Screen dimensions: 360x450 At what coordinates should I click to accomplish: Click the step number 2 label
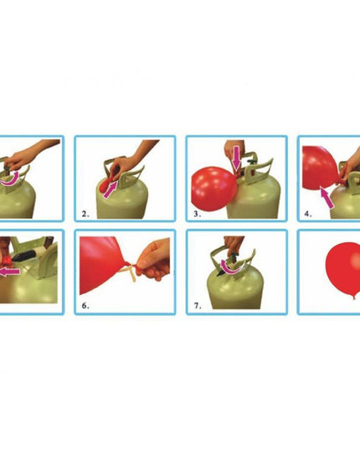tap(85, 214)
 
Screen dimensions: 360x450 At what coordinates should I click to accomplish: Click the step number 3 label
tap(198, 214)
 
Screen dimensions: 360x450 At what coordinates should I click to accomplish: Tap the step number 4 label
tap(308, 214)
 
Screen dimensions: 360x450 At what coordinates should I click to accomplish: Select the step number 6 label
tap(85, 306)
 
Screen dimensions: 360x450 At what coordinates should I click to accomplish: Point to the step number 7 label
tap(198, 306)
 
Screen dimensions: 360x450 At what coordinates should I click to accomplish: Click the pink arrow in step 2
tap(110, 189)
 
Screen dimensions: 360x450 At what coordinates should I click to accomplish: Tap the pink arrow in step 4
tap(327, 197)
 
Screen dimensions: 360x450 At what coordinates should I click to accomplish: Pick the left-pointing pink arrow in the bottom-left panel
tap(10, 272)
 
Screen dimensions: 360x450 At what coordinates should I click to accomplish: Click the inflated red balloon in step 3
tap(213, 189)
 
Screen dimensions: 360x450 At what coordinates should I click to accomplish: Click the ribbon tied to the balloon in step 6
tap(129, 272)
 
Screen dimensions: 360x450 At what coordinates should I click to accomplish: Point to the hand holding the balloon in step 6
tap(153, 260)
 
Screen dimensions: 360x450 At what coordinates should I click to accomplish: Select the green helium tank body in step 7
tap(235, 290)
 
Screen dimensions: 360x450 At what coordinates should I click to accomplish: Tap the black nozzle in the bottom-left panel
tap(24, 256)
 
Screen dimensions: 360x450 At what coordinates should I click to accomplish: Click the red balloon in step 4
tap(321, 168)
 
